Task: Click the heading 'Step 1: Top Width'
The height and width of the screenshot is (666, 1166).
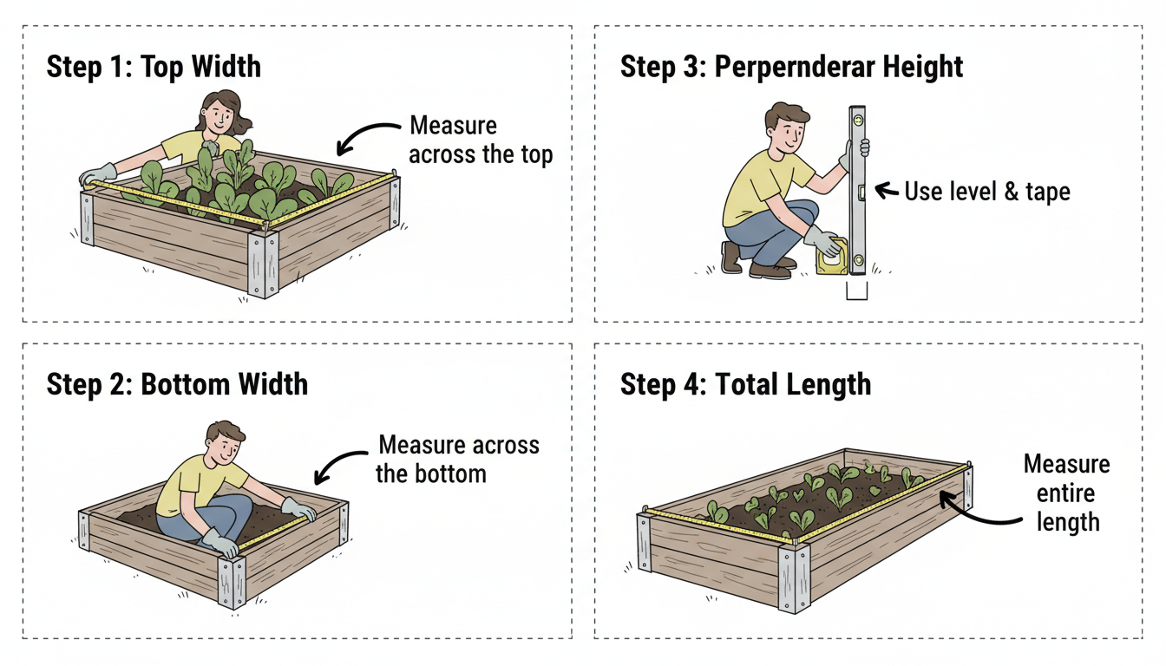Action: [x=154, y=68]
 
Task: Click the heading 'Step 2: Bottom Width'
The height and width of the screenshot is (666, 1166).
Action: [x=177, y=384]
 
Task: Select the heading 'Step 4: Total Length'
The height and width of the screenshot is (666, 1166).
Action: [x=745, y=384]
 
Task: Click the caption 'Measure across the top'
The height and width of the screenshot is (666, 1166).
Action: [x=480, y=140]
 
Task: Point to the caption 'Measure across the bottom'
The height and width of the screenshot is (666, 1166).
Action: [x=458, y=459]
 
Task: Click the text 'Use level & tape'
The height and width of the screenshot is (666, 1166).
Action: [x=986, y=191]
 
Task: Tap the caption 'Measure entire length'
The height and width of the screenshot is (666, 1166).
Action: [x=1066, y=493]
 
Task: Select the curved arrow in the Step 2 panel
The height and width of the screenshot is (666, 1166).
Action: [x=342, y=462]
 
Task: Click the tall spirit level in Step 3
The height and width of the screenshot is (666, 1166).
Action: [x=857, y=191]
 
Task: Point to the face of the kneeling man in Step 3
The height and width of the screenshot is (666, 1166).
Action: [x=785, y=130]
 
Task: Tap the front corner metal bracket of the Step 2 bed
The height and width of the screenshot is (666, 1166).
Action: [x=232, y=581]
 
